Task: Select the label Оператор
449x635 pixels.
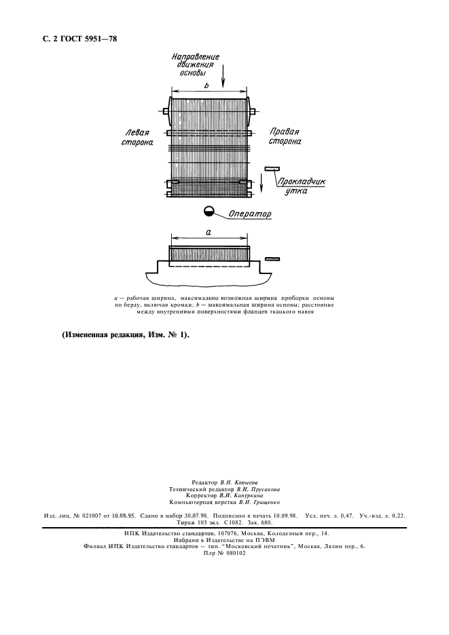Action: point(250,214)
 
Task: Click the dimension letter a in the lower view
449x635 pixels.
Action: point(209,232)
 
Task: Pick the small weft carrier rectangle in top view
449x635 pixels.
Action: point(272,168)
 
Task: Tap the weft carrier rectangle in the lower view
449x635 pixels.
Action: point(272,258)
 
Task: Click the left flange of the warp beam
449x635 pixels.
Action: point(166,111)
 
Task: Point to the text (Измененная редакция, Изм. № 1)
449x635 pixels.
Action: point(126,334)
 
